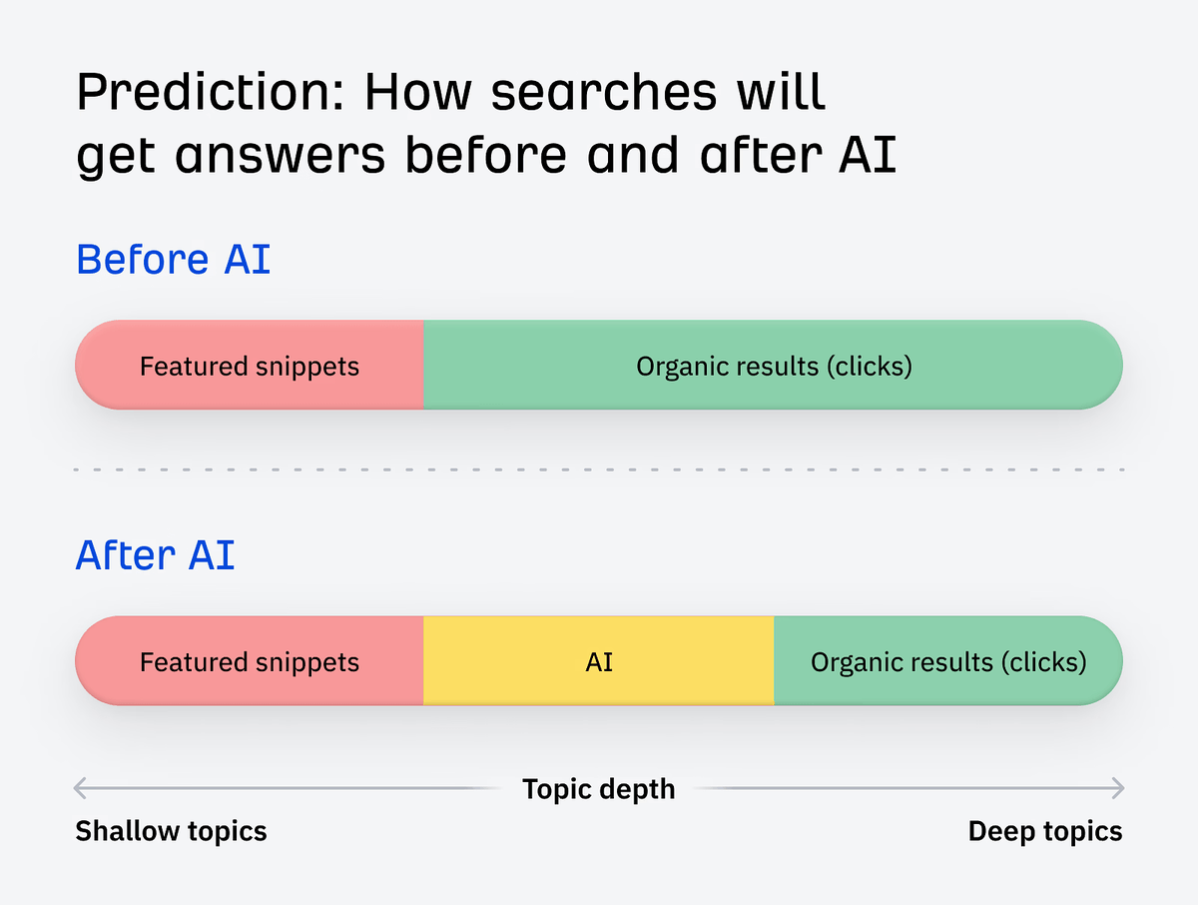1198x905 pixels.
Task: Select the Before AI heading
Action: tap(174, 260)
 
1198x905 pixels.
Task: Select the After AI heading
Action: tap(156, 554)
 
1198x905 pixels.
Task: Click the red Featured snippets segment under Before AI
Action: tap(250, 366)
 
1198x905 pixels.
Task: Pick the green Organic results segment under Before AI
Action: tap(774, 366)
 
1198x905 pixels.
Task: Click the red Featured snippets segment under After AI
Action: tap(250, 661)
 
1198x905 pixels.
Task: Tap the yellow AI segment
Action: tap(599, 661)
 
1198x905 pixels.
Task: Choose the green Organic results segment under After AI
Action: tap(947, 661)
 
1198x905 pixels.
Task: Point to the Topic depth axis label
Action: tap(599, 789)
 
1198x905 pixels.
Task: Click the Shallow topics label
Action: tap(172, 831)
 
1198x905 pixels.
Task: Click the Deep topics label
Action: tap(1045, 831)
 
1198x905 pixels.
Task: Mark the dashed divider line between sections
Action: tap(599, 468)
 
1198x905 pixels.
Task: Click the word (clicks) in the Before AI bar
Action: tap(869, 367)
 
